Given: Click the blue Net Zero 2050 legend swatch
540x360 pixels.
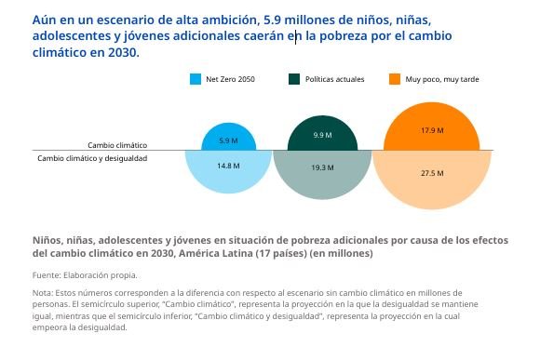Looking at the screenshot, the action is (x=196, y=79).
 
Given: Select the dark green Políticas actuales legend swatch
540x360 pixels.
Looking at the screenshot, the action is (x=294, y=79).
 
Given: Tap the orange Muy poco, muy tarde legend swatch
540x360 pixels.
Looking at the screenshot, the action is (x=395, y=79).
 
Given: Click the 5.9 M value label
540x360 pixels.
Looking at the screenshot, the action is (x=228, y=140).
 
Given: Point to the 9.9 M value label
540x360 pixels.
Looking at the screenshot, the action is (x=323, y=135).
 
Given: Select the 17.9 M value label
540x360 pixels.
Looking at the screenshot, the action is (x=432, y=130).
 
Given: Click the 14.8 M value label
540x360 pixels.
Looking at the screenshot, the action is (x=228, y=166).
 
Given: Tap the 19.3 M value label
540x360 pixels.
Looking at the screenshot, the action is (x=323, y=167).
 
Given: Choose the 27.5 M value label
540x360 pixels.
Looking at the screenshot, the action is (x=432, y=173).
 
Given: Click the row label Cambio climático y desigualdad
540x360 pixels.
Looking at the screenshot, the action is (x=92, y=158).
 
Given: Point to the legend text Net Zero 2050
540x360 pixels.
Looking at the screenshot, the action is (x=230, y=79).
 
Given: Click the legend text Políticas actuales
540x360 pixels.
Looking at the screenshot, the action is (x=335, y=79).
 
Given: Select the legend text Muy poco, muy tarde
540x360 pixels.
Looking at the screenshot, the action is (x=442, y=79).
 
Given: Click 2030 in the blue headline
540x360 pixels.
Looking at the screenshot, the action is (x=122, y=53).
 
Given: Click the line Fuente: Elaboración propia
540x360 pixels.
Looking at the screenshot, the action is (x=85, y=275).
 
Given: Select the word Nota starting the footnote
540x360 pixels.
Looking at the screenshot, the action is (x=42, y=293).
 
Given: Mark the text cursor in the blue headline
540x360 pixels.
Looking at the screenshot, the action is (x=295, y=36).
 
